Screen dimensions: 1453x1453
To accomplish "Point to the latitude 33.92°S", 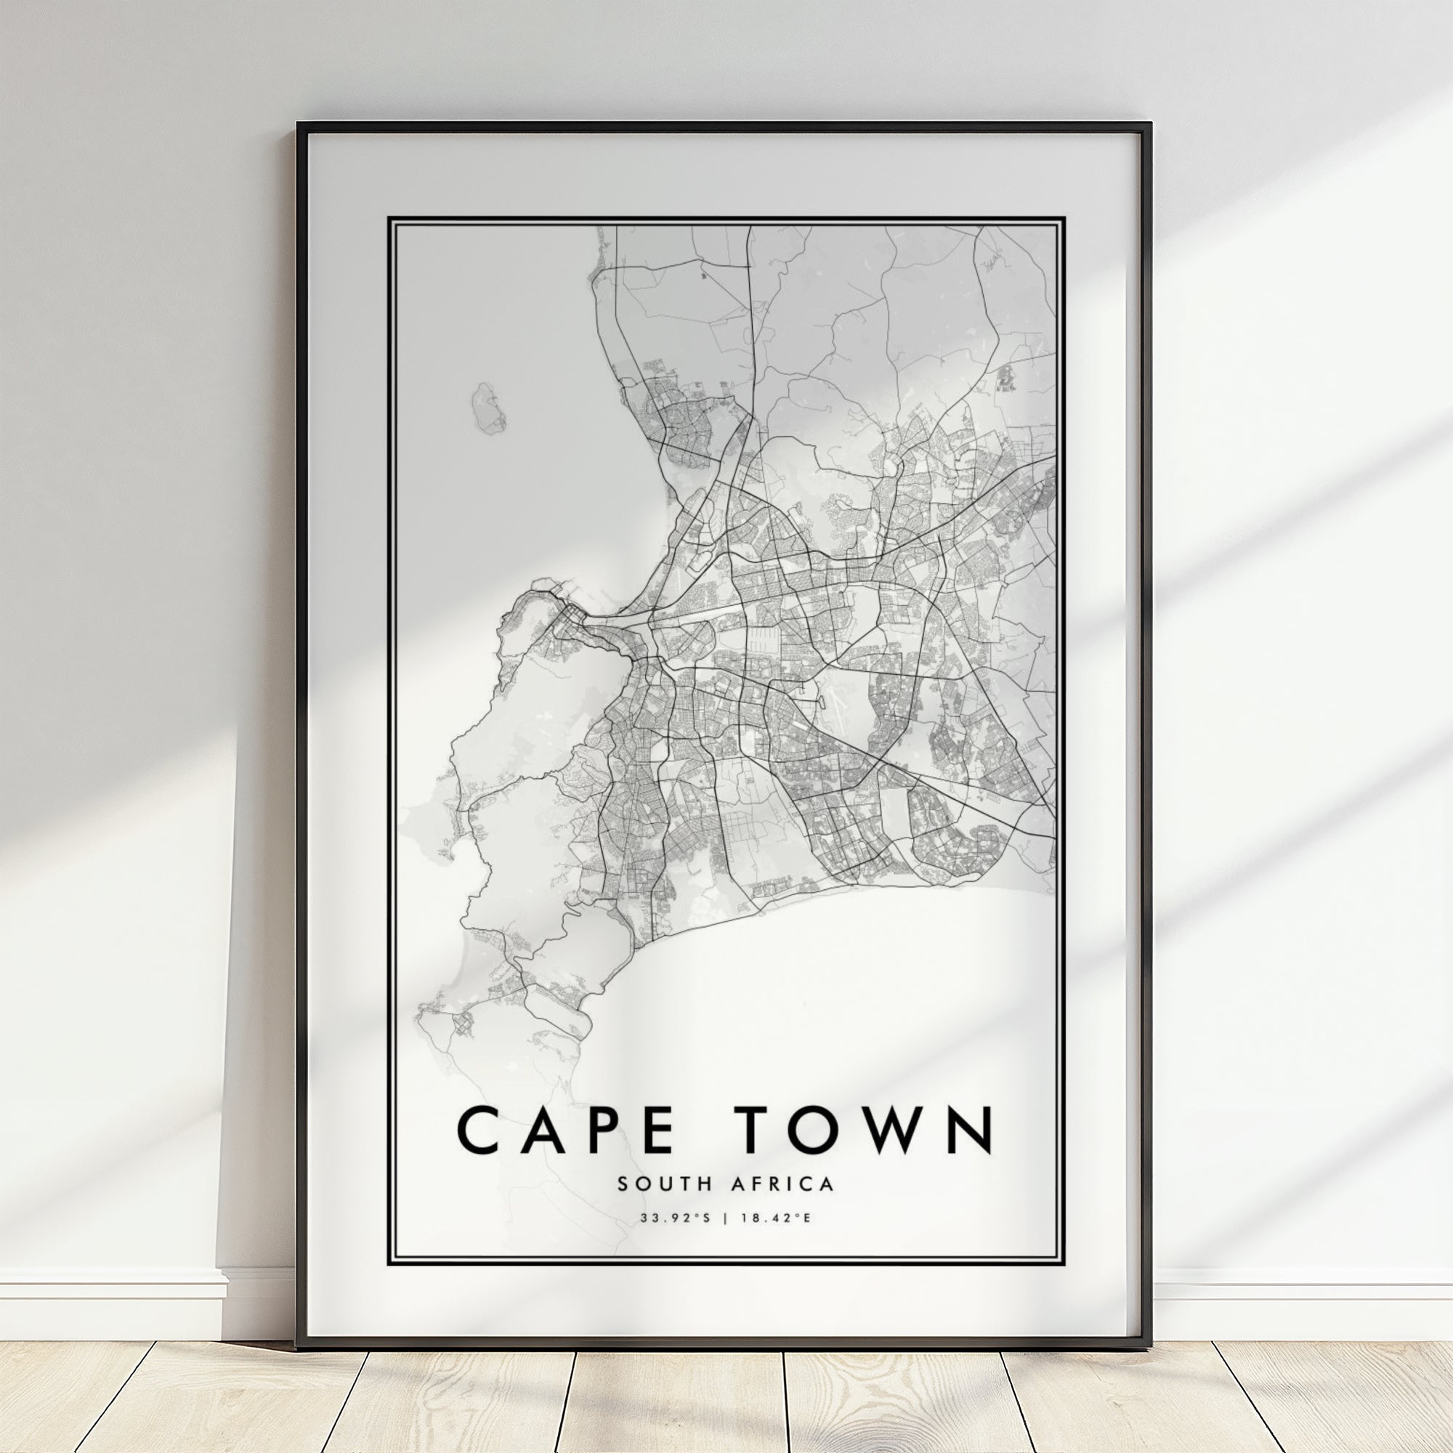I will [x=675, y=1239].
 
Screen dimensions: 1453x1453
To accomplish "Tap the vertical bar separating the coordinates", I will [x=725, y=1239].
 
